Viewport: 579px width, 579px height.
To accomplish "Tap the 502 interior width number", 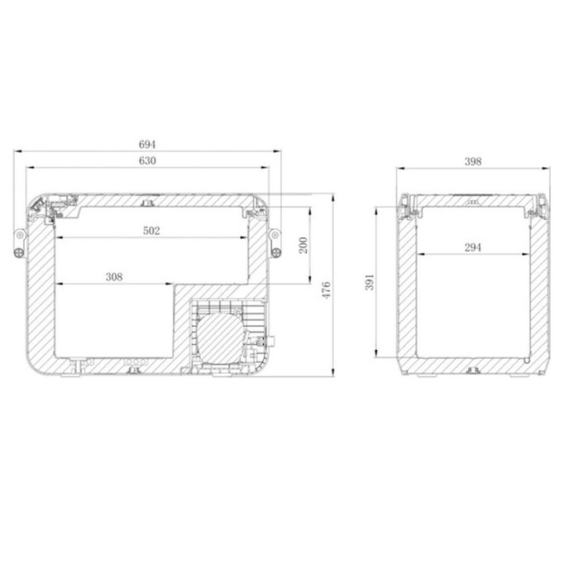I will click(x=151, y=231).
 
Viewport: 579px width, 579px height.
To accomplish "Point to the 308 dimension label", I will click(x=114, y=277).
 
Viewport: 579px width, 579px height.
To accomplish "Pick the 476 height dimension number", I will click(x=327, y=289).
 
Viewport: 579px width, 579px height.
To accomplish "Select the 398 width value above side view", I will click(x=473, y=161).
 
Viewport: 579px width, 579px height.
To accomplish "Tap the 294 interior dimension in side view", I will click(x=473, y=246).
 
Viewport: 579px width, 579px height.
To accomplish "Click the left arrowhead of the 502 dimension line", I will click(x=59, y=238).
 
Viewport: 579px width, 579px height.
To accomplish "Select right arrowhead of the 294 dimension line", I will click(x=525, y=253).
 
